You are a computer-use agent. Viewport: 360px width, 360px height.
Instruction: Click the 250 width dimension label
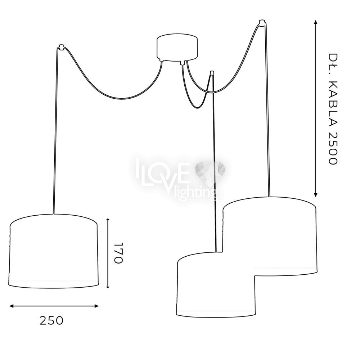tap(51, 320)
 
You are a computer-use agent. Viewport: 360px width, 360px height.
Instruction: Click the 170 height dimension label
tap(119, 253)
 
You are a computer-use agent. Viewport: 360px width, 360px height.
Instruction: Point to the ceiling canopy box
tap(177, 48)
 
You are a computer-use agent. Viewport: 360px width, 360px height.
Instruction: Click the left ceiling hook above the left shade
tap(61, 47)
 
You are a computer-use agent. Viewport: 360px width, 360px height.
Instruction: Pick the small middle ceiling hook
tap(212, 73)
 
